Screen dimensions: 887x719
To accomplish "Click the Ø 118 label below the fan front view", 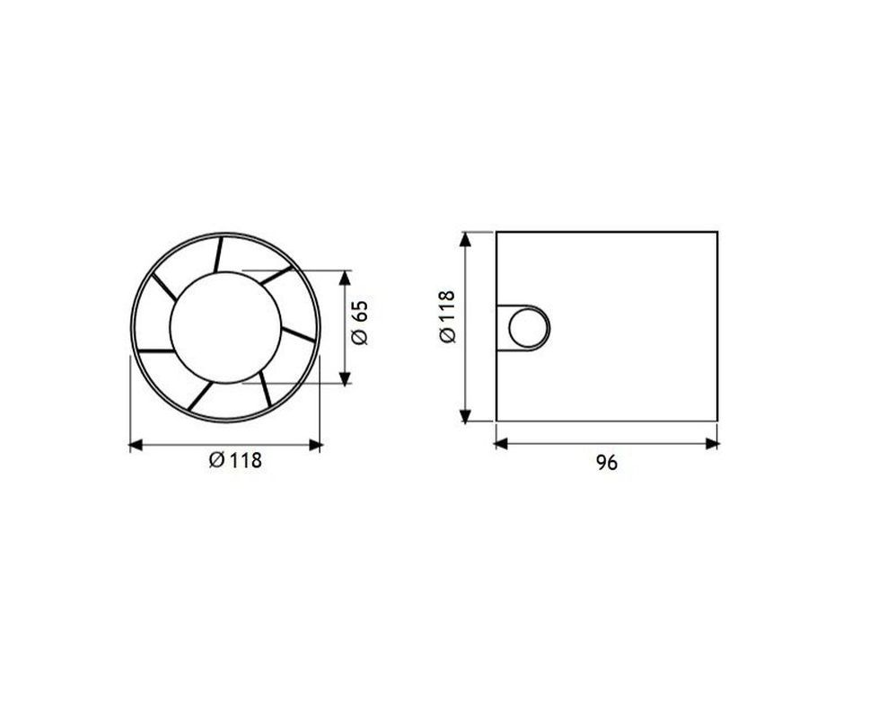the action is [x=235, y=459].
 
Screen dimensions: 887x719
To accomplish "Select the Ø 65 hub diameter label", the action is [x=359, y=323].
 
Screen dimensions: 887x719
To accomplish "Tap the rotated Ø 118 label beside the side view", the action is [x=447, y=316].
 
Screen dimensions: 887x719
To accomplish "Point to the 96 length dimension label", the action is [x=606, y=463].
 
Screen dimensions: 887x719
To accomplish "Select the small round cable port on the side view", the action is [x=529, y=328].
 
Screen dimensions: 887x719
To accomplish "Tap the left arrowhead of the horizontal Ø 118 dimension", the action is [x=136, y=446].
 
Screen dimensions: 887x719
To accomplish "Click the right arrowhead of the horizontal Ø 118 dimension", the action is [x=315, y=446].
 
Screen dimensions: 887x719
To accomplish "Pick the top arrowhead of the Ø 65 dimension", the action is [x=345, y=278].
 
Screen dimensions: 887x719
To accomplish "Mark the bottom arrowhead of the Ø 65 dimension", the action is [x=345, y=378].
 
